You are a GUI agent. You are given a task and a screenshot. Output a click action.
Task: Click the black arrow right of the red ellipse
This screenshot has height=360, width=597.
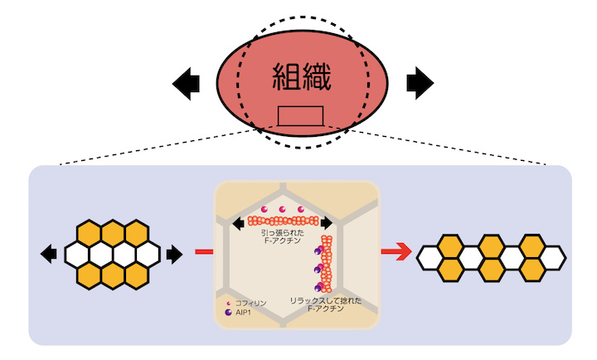[420, 82]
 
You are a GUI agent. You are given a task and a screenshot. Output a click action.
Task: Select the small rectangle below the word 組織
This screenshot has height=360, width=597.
[300, 115]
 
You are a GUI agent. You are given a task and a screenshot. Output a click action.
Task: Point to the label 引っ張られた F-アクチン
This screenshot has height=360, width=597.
[284, 239]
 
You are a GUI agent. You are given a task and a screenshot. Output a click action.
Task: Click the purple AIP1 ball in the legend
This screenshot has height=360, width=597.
[228, 314]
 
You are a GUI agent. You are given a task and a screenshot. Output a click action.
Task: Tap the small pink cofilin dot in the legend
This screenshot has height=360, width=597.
[228, 304]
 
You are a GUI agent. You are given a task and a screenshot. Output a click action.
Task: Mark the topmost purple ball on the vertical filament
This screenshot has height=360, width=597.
[318, 248]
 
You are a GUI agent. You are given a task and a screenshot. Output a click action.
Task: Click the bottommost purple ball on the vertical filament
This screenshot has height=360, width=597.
[317, 287]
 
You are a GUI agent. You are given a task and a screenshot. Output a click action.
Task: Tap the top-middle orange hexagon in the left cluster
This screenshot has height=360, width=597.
[111, 234]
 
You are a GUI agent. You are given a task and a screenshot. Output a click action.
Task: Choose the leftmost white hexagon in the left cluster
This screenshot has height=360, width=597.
[77, 253]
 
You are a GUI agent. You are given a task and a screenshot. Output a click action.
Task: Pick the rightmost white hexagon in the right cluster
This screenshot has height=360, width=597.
[550, 258]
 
